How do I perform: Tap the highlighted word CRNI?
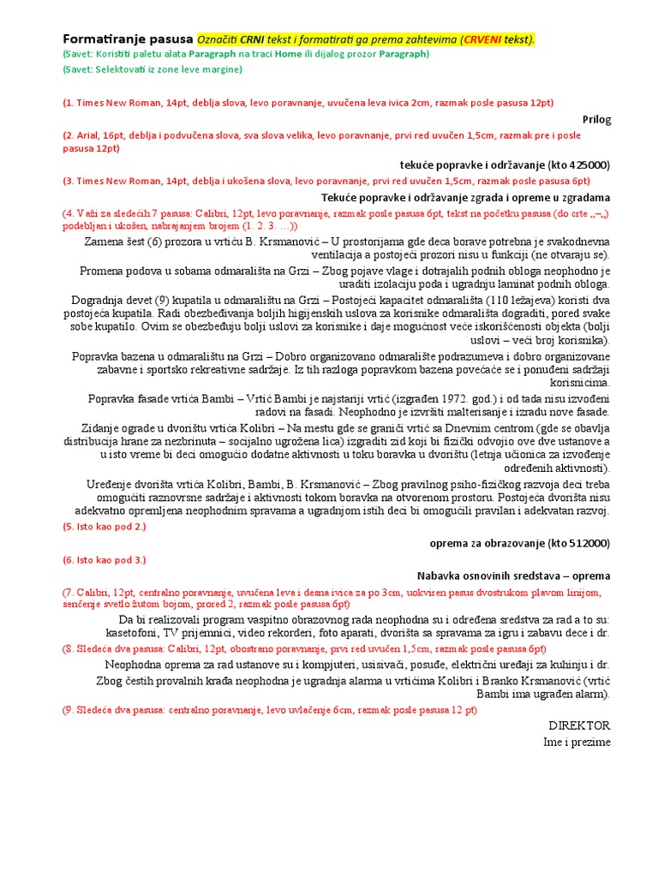[253, 39]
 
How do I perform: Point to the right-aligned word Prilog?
[596, 119]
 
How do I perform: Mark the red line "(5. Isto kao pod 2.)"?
[104, 527]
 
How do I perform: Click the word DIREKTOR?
[579, 725]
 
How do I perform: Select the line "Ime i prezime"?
[577, 742]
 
